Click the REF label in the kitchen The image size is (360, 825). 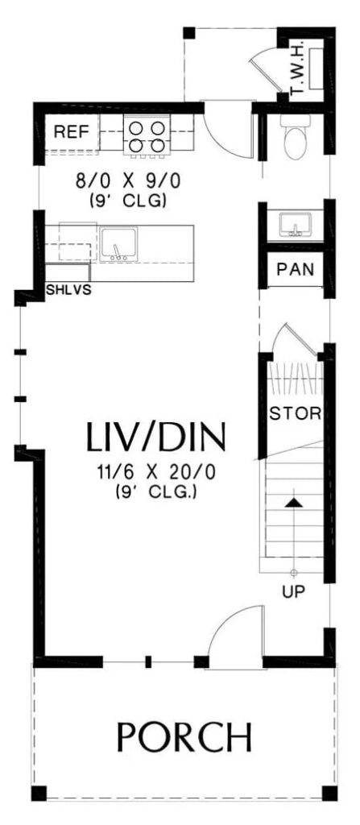[x=72, y=132]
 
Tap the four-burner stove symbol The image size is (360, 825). [x=147, y=136]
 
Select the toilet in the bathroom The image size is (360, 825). [x=295, y=136]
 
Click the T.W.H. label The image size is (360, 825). [x=297, y=70]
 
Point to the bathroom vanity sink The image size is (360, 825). [x=296, y=225]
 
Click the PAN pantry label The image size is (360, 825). [x=296, y=269]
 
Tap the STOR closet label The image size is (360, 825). [x=296, y=413]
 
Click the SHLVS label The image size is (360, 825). [x=68, y=290]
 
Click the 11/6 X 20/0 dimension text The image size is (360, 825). [x=156, y=472]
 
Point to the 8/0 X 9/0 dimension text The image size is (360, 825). [x=128, y=181]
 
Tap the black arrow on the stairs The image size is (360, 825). [x=294, y=503]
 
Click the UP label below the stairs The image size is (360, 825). [x=294, y=592]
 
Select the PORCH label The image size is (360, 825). [x=184, y=737]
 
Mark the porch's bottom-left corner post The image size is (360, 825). [x=39, y=794]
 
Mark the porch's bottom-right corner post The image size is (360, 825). [x=329, y=794]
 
